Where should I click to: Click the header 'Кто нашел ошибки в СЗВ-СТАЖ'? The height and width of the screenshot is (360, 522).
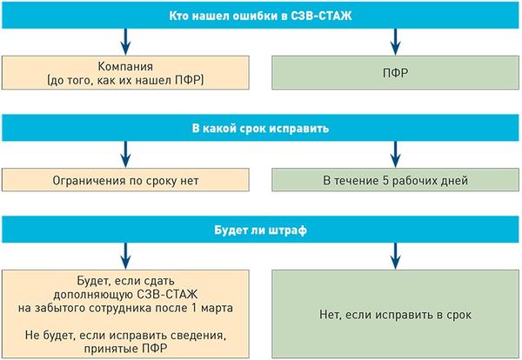pos(260,15)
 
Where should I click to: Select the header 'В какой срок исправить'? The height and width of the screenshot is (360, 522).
pos(260,128)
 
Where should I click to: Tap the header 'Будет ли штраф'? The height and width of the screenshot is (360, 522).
pos(260,234)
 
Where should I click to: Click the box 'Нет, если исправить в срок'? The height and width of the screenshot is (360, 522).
pos(396,313)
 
